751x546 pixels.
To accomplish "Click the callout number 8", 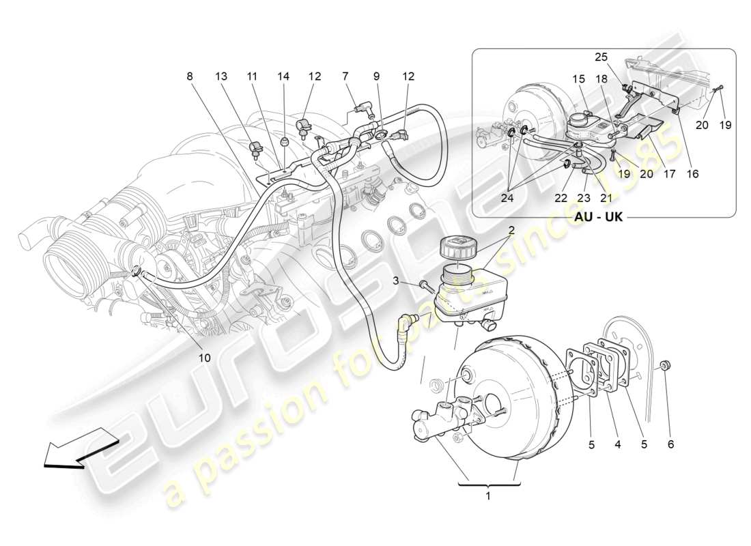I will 190,76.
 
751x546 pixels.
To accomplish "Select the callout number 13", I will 222,76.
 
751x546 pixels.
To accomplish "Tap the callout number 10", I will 205,357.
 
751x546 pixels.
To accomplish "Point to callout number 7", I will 346,76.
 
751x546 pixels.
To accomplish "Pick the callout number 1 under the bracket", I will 488,496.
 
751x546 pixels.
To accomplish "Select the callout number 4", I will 617,444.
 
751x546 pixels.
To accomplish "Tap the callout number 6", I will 670,444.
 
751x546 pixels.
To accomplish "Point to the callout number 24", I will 508,199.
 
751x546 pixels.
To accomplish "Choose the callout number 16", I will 693,175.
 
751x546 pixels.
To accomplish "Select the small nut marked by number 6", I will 668,364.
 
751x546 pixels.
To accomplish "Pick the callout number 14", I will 283,76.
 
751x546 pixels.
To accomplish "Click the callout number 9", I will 376,76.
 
